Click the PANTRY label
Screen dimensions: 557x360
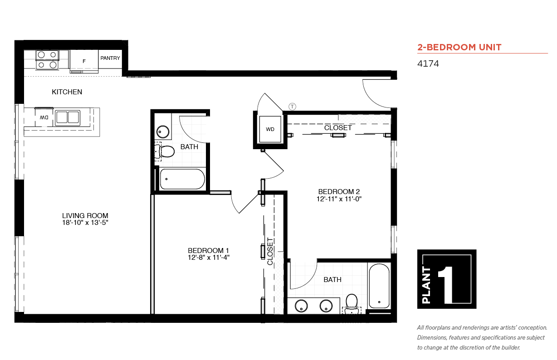[110, 58]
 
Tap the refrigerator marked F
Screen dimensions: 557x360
[84, 61]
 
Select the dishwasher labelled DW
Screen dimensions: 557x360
[44, 117]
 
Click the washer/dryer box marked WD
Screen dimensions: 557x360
[270, 129]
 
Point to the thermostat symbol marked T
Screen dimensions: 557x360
[292, 107]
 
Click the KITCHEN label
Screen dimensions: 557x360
[67, 92]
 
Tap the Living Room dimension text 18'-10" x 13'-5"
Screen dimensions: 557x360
[85, 223]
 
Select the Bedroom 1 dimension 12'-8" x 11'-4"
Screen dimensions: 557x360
[208, 258]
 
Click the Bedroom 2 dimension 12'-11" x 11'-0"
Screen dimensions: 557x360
[339, 199]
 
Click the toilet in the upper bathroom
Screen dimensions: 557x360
[164, 151]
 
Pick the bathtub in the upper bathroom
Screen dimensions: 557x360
[182, 179]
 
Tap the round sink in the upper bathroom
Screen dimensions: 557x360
[163, 131]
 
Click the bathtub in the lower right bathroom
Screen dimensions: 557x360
[379, 286]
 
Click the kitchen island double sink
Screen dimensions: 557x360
[68, 117]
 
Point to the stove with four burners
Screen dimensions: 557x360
[47, 60]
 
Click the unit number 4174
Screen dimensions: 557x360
[428, 63]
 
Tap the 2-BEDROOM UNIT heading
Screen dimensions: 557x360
[459, 47]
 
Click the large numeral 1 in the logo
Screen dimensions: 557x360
[446, 285]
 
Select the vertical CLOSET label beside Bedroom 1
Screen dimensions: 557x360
[270, 251]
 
